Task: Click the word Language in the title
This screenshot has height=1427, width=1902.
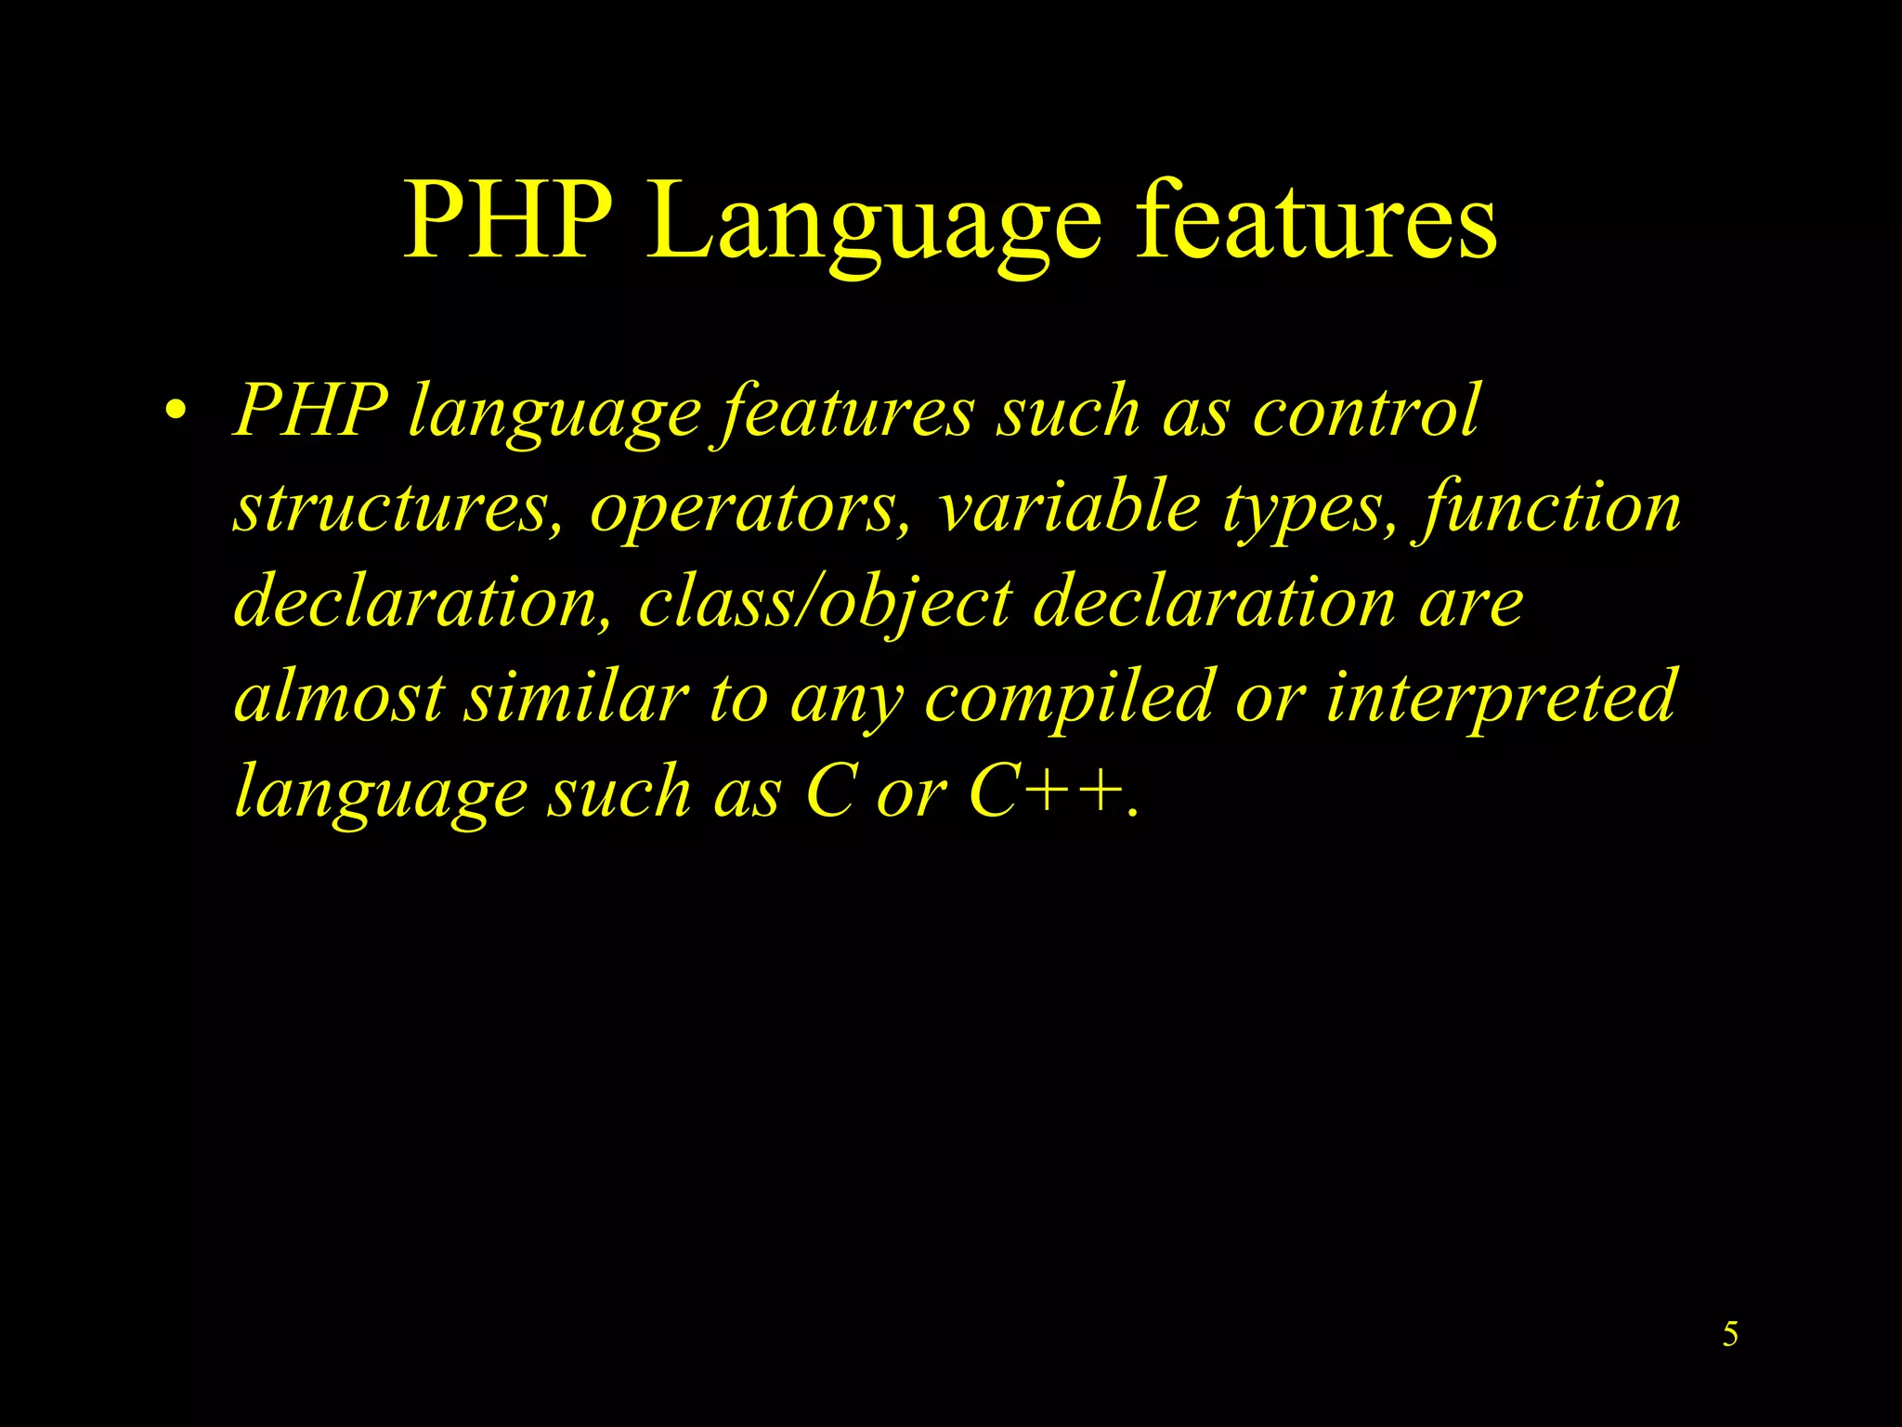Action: pyautogui.click(x=875, y=223)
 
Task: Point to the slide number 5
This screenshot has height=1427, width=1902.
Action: pyautogui.click(x=1730, y=1334)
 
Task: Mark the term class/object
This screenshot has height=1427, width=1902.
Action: pyautogui.click(x=825, y=604)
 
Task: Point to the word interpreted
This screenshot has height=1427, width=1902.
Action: pyautogui.click(x=1500, y=699)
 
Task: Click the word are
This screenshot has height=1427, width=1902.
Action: pyautogui.click(x=1472, y=604)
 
